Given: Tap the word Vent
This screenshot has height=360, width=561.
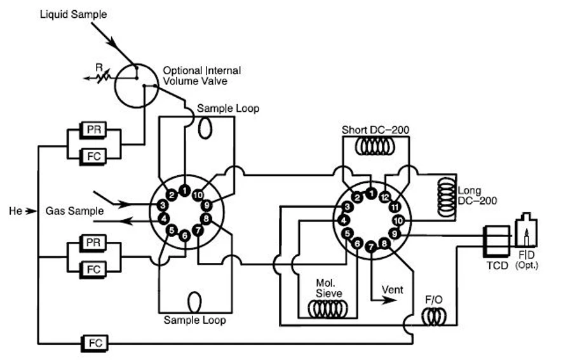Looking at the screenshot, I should click(x=393, y=290).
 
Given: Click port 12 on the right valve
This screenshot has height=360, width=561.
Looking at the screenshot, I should click(x=384, y=197).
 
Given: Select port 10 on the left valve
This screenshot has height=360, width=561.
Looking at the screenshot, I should click(x=198, y=195).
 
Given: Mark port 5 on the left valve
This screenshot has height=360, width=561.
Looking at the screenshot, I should click(x=171, y=229).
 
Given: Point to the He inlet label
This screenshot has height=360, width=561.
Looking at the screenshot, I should click(x=17, y=210).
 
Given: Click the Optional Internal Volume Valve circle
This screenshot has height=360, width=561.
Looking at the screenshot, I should click(x=135, y=84).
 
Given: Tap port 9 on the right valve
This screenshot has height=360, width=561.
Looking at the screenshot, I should click(x=393, y=234).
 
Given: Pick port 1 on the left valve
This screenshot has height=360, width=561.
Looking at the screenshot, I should click(x=184, y=190).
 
